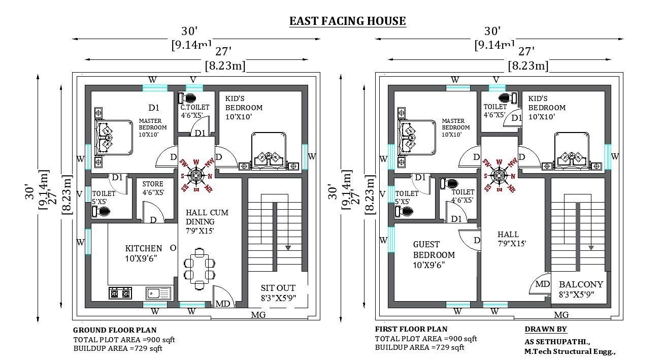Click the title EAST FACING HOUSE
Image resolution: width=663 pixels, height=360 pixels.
(x=347, y=21)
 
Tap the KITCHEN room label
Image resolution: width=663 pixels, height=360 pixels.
(x=144, y=248)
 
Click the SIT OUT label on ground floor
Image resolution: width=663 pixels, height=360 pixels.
(x=278, y=288)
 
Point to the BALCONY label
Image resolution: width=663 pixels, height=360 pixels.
(x=581, y=284)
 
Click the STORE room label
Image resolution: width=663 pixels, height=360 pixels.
(x=153, y=184)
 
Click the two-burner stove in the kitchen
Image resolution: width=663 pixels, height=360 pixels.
(x=120, y=293)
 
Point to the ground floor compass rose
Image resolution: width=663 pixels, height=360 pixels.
(x=196, y=175)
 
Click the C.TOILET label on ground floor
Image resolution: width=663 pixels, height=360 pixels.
(x=195, y=108)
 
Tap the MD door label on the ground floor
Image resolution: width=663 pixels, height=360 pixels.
(x=223, y=304)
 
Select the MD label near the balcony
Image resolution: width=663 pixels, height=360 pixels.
(x=542, y=284)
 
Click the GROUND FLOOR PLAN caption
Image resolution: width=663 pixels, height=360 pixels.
(x=115, y=330)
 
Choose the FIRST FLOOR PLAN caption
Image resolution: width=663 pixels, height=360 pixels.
(x=411, y=329)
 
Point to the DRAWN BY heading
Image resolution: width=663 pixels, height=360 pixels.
(x=546, y=329)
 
